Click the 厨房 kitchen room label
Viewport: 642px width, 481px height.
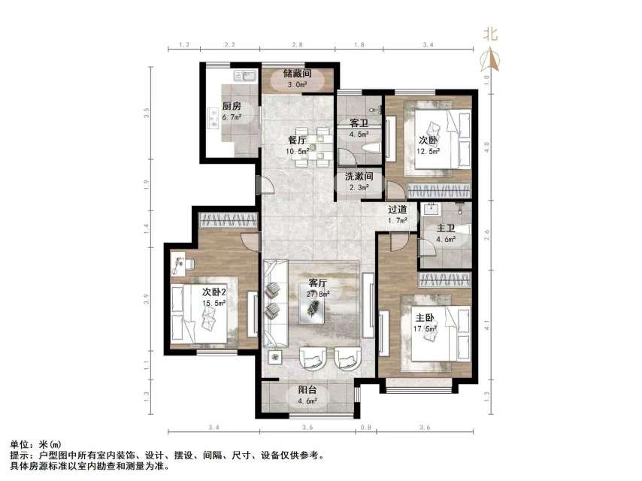pos(231,106)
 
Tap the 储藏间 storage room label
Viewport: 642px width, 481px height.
pos(297,74)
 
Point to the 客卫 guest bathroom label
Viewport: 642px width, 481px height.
pos(359,123)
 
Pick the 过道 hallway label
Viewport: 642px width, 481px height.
pos(397,209)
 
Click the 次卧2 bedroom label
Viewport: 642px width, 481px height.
pos(214,291)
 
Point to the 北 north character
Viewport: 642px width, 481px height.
pos(490,33)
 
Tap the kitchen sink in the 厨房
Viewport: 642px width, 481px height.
pos(245,76)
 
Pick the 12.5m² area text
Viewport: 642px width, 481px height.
pos(429,150)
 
